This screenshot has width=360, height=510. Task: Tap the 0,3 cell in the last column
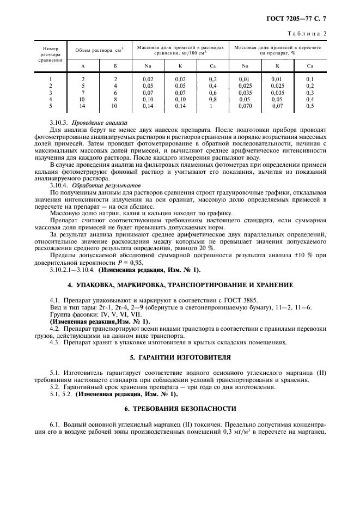[310, 93]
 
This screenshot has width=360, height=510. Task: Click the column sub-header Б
[115, 66]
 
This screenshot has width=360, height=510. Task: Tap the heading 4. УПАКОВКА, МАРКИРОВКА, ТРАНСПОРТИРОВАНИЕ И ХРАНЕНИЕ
[180, 285]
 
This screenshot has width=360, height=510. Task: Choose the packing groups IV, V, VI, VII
[113, 314]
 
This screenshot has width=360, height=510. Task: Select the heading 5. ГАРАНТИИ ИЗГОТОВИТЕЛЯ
[180, 358]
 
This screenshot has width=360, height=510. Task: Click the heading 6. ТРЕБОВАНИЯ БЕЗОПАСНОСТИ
[180, 408]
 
